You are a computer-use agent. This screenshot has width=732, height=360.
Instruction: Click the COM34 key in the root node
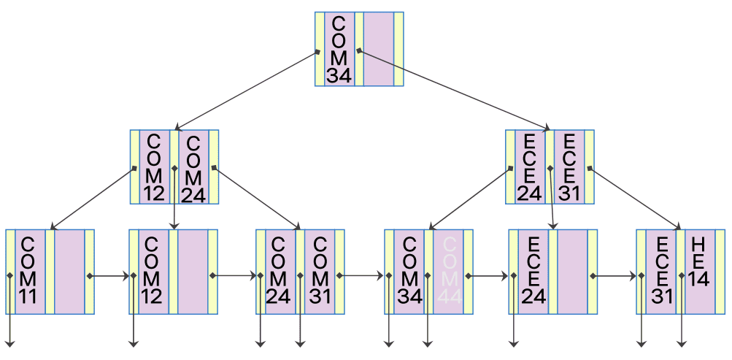click(339, 49)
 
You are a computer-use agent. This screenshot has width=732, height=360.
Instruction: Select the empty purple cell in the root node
click(378, 49)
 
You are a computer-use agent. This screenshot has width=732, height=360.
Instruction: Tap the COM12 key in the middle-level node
click(155, 167)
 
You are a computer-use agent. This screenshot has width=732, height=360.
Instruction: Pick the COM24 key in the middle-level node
click(193, 167)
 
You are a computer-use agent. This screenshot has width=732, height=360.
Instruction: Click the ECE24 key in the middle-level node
click(530, 167)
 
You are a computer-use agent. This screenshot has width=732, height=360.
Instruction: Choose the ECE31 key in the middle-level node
click(569, 167)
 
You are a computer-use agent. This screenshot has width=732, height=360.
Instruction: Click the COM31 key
click(320, 272)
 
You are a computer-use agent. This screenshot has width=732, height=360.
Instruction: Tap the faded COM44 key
click(448, 272)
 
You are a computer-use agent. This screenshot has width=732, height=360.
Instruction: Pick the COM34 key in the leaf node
click(409, 272)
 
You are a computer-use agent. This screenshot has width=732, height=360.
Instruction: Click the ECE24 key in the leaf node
click(533, 272)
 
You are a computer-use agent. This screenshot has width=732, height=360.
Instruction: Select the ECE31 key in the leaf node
click(660, 272)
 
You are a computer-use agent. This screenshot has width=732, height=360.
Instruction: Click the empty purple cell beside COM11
click(69, 272)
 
